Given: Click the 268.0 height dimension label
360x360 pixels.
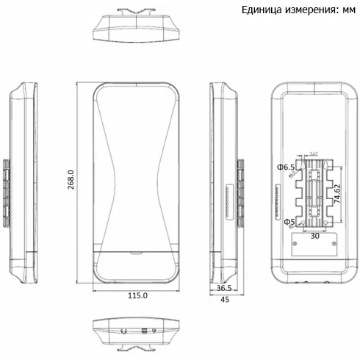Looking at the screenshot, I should pyautogui.click(x=71, y=180).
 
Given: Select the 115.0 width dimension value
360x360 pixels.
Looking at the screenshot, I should pyautogui.click(x=137, y=295).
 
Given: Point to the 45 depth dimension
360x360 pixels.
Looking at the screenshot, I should pyautogui.click(x=226, y=300).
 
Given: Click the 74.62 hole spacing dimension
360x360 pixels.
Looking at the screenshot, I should pyautogui.click(x=336, y=194).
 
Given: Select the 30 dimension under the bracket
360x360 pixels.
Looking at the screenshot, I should pyautogui.click(x=314, y=237).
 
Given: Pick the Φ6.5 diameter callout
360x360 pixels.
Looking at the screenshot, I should pyautogui.click(x=286, y=168).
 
